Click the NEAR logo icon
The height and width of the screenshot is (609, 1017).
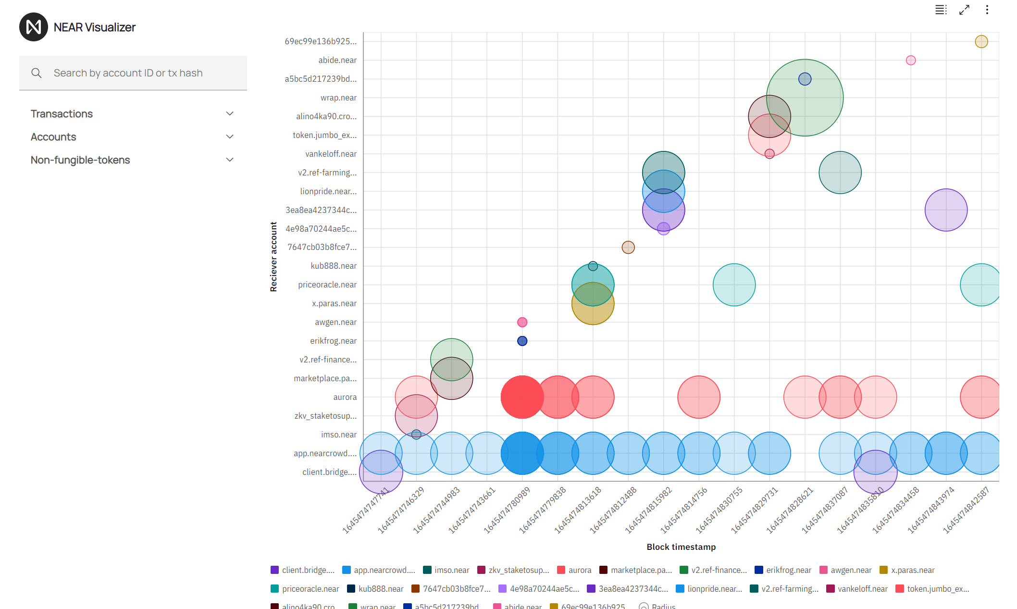tap(33, 27)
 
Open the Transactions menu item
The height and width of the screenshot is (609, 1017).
tap(62, 114)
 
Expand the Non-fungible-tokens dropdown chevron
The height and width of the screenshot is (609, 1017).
tap(230, 160)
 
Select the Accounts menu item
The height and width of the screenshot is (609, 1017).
tap(53, 137)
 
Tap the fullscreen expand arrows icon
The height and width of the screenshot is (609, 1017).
tap(964, 10)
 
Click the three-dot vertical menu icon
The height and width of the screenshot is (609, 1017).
tap(987, 10)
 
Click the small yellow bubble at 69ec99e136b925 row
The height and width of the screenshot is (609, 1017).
tap(981, 42)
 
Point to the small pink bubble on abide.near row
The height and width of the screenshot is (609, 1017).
tap(910, 61)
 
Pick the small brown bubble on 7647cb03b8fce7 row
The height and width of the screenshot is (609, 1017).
tap(628, 248)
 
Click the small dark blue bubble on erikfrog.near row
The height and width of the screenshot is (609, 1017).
tap(522, 341)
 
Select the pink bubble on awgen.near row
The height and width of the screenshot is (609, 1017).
tap(522, 323)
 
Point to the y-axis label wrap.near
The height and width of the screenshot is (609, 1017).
tap(338, 98)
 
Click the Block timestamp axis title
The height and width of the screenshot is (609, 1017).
tap(681, 547)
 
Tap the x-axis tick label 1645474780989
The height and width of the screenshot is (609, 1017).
tap(507, 510)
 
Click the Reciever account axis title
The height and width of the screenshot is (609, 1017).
tap(273, 257)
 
